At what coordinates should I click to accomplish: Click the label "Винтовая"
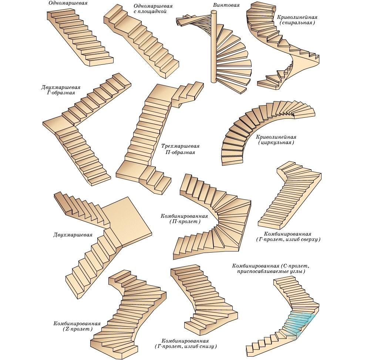226,6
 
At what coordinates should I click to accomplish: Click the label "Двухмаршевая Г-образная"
61,90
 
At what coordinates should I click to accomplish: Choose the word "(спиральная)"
297,23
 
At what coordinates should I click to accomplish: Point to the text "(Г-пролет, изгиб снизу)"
185,347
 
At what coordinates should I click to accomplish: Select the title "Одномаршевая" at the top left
65,3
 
